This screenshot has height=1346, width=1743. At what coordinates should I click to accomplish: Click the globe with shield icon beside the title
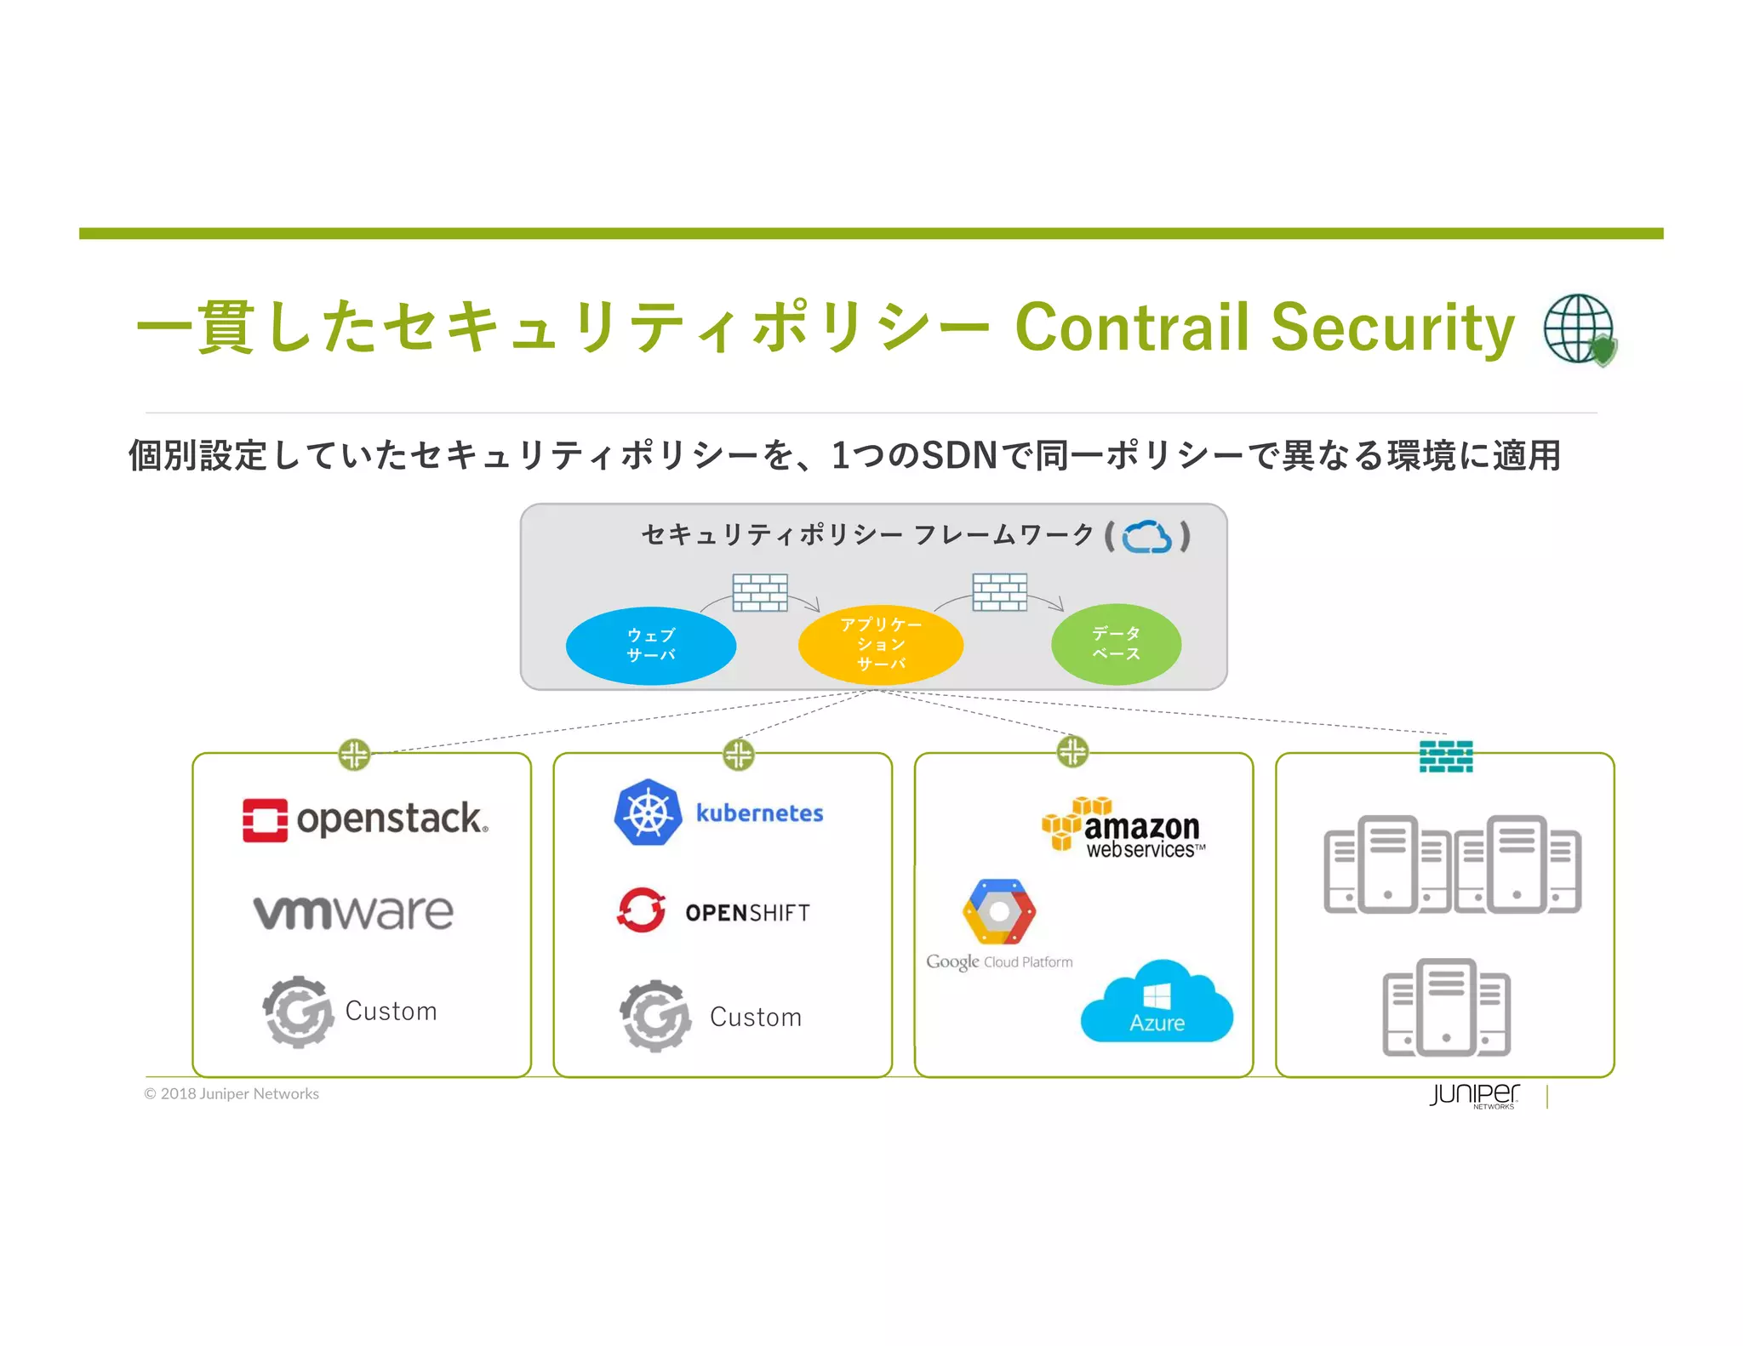[x=1580, y=329]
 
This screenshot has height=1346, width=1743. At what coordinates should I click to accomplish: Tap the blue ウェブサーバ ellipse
[x=650, y=645]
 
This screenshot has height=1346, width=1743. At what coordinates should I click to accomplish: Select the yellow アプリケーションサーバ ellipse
[x=880, y=645]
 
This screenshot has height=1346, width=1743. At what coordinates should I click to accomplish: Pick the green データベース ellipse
[x=1115, y=643]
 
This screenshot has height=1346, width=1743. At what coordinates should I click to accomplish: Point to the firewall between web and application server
[x=759, y=592]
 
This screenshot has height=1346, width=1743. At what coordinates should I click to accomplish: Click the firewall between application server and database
[x=999, y=592]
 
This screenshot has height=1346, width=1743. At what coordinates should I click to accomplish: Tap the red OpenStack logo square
[x=264, y=820]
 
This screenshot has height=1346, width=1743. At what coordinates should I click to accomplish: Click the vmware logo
[x=353, y=912]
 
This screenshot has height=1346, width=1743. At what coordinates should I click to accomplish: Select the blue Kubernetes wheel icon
[x=648, y=813]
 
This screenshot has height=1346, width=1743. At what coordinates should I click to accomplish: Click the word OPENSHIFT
[x=747, y=913]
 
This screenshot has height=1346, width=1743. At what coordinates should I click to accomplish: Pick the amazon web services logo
[x=1123, y=827]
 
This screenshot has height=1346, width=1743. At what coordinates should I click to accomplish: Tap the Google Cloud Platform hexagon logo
[x=998, y=912]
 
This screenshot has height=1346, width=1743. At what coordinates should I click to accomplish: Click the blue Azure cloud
[x=1156, y=1004]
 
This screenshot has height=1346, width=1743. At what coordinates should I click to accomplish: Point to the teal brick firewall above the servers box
[x=1445, y=756]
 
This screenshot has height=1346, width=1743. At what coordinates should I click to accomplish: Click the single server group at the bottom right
[x=1445, y=1007]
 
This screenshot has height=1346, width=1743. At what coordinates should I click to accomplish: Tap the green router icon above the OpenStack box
[x=354, y=754]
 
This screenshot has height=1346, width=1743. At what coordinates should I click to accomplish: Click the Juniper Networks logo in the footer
[x=1474, y=1095]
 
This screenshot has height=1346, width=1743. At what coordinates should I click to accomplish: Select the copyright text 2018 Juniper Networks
[x=231, y=1094]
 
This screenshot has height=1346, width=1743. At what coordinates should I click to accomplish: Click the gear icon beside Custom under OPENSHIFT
[x=654, y=1015]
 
